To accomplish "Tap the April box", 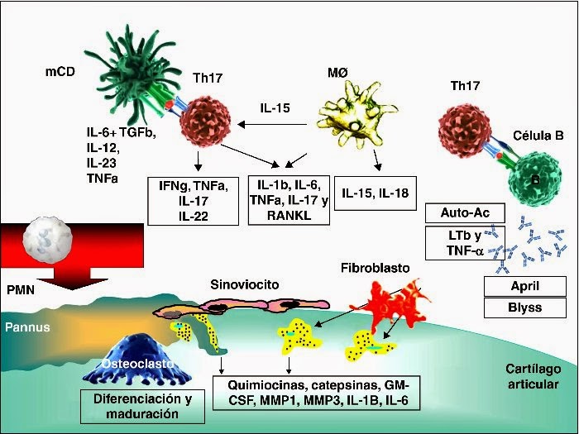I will click(x=524, y=287).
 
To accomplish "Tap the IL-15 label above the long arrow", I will click(x=273, y=108).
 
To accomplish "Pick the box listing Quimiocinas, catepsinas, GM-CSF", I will click(x=318, y=394).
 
